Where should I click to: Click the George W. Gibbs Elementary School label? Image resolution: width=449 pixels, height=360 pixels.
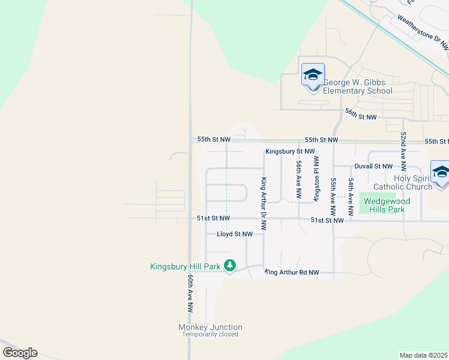click(x=358, y=86)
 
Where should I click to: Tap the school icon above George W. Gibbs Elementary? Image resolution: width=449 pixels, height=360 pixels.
click(x=313, y=76)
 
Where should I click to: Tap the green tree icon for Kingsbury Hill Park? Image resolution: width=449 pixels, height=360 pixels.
click(x=230, y=265)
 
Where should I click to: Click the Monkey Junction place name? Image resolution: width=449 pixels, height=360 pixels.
click(x=210, y=327)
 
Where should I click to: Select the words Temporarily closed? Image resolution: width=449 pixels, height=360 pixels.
click(x=210, y=335)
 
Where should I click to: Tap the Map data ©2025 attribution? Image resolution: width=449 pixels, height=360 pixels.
click(x=423, y=355)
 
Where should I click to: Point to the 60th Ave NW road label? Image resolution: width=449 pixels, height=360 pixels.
click(x=190, y=294)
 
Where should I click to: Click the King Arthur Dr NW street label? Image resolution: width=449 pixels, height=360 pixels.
click(x=263, y=204)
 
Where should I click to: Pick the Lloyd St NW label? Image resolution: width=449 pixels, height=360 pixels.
click(x=239, y=234)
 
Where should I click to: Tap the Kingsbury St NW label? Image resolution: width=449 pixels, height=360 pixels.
click(x=291, y=152)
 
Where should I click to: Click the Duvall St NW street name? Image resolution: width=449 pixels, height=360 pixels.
click(x=373, y=166)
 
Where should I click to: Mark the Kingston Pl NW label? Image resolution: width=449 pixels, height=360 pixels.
click(x=316, y=179)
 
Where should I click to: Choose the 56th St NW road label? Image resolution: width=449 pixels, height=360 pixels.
click(x=360, y=114)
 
